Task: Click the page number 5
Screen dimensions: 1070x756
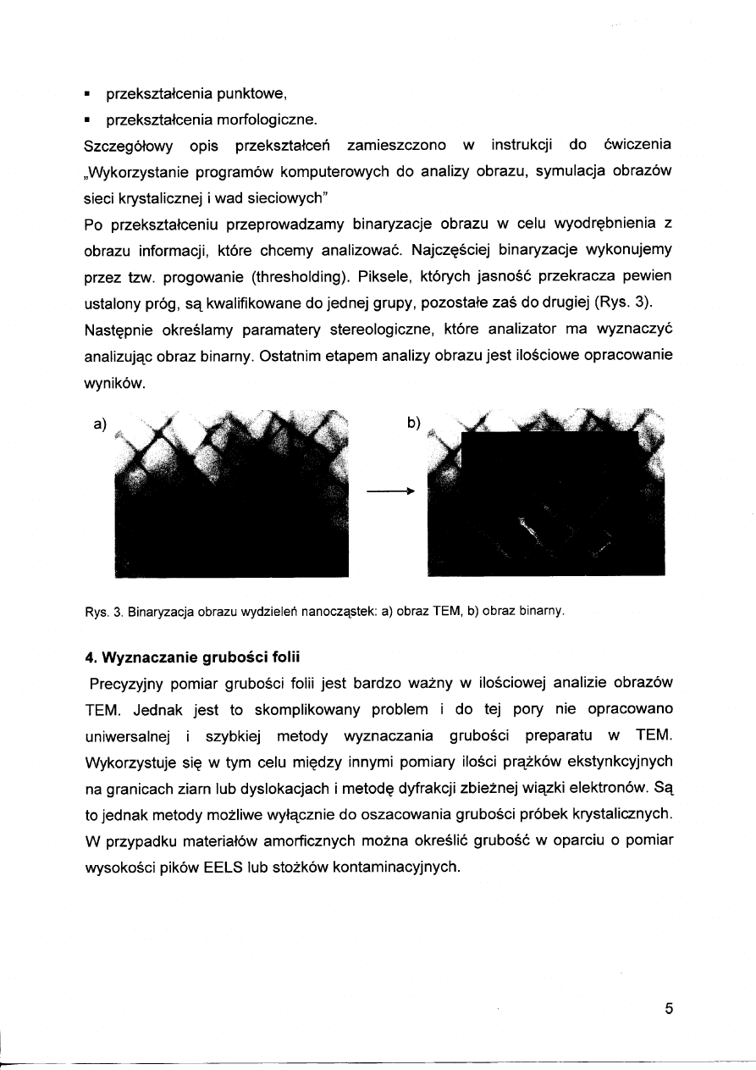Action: (x=669, y=1009)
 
